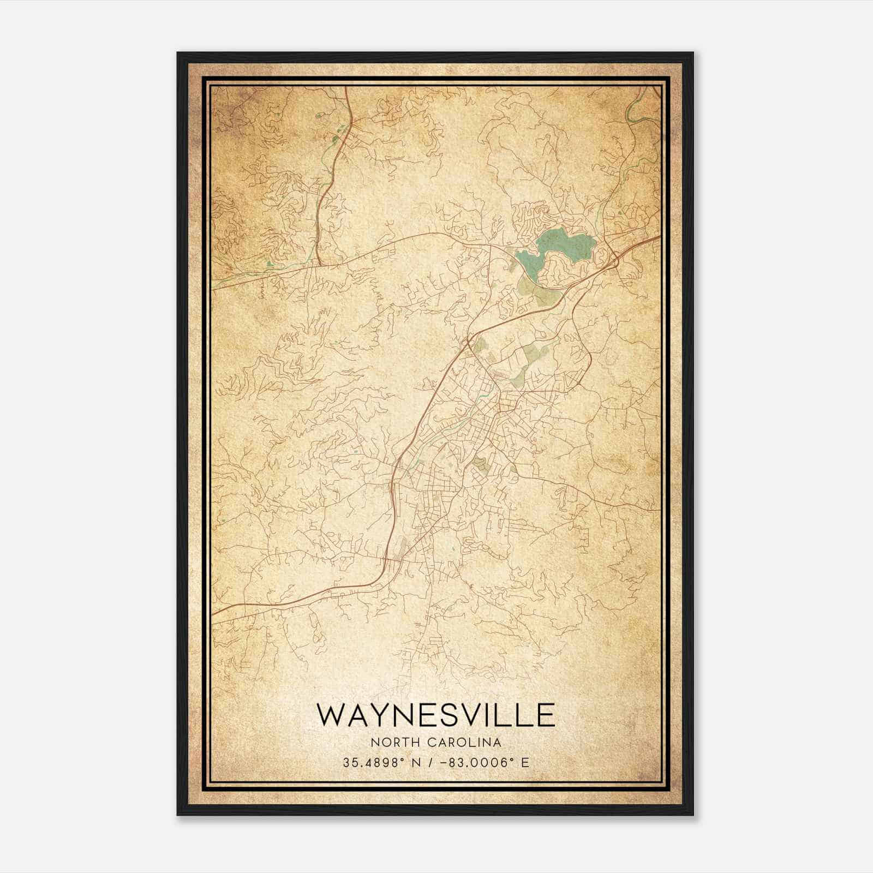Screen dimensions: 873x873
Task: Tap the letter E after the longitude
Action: point(525,762)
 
